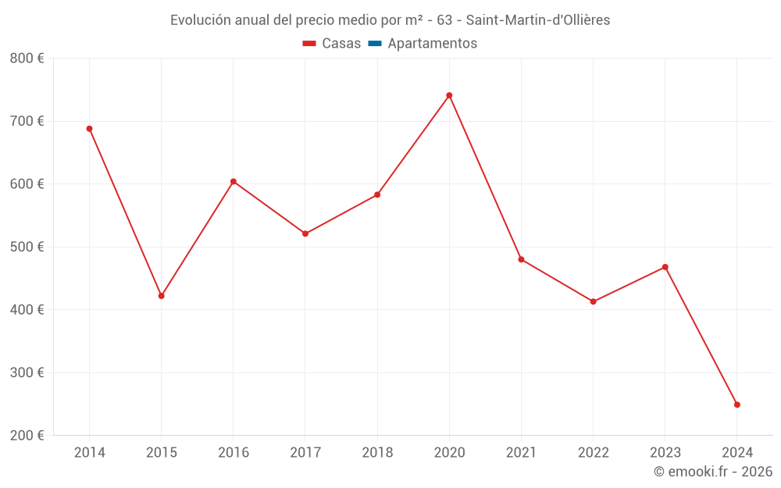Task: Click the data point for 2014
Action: click(x=90, y=129)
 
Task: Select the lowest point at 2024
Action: click(x=737, y=404)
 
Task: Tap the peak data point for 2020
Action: click(x=449, y=95)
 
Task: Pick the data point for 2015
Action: click(x=162, y=296)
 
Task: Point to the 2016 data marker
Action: click(x=234, y=181)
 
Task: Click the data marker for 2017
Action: click(x=305, y=233)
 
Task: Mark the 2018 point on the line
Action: click(x=377, y=194)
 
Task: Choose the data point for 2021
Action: click(x=521, y=259)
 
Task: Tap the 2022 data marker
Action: click(x=594, y=301)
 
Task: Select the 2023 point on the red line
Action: click(x=665, y=267)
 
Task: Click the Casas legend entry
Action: click(x=332, y=44)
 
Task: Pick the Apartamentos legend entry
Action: click(x=423, y=44)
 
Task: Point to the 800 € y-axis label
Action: click(x=27, y=59)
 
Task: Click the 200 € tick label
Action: click(x=27, y=435)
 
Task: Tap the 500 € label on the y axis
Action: click(x=27, y=247)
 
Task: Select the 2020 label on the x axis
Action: click(x=449, y=452)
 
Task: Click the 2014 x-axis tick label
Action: click(x=90, y=452)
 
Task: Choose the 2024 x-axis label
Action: click(x=737, y=452)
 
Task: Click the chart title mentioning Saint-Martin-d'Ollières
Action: click(x=390, y=20)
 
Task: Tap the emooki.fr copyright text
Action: click(x=713, y=472)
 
